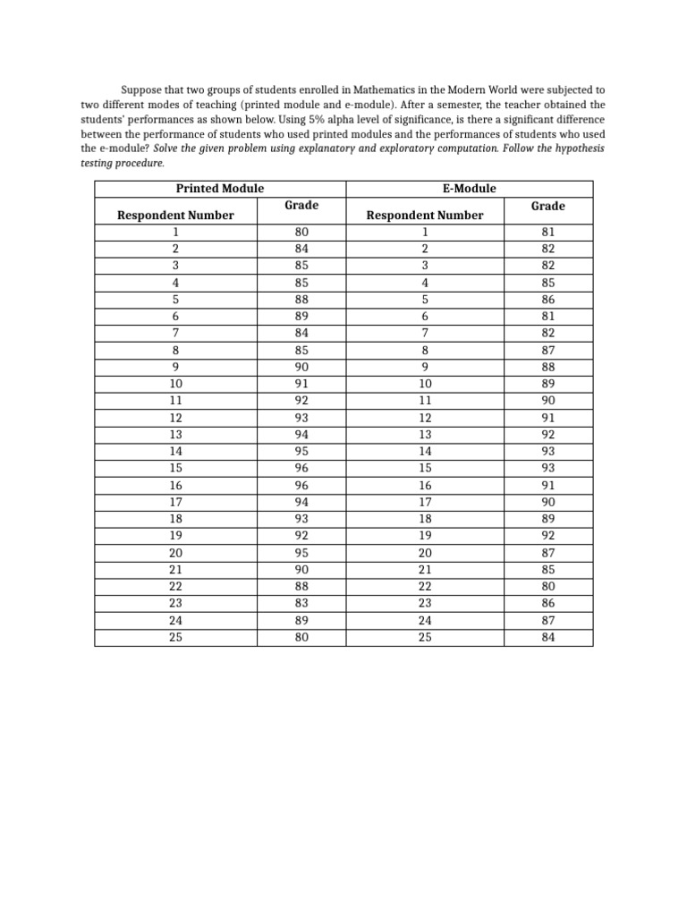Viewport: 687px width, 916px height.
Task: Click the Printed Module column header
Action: coord(219,188)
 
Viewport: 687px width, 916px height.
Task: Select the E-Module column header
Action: coord(468,188)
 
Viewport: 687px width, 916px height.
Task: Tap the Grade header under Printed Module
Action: coord(301,206)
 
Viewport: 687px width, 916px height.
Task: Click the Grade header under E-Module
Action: coord(547,206)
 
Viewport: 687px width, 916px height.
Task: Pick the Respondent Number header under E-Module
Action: coord(425,215)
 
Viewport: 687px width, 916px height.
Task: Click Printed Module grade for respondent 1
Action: coord(301,232)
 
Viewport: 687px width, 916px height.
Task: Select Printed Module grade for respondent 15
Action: coord(301,468)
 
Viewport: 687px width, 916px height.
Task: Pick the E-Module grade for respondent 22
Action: coord(547,586)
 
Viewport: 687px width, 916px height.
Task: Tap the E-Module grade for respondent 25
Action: coord(547,637)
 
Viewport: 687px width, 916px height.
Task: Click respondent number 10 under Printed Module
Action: coord(175,384)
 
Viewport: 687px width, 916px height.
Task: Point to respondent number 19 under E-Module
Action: coord(425,535)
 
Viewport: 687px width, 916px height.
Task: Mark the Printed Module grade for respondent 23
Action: coord(301,603)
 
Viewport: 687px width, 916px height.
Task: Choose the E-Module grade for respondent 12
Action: coord(547,418)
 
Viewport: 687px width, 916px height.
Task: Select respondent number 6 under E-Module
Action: coord(425,316)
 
